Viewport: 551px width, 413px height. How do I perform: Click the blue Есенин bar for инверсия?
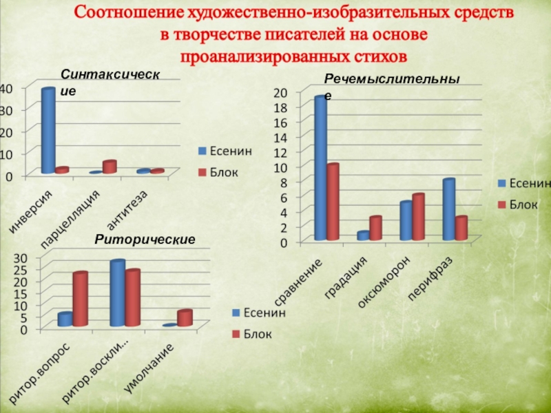(48, 131)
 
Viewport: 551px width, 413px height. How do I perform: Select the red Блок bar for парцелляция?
(109, 167)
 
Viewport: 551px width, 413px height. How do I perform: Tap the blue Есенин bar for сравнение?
(320, 169)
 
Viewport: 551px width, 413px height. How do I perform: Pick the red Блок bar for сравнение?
(333, 202)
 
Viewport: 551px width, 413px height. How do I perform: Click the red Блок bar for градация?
(375, 229)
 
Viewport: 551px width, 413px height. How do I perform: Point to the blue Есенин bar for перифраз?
(448, 210)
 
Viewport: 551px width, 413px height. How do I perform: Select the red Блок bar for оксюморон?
(418, 218)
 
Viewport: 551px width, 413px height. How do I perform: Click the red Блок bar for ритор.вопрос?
(80, 299)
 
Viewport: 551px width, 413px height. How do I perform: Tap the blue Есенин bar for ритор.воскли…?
(117, 293)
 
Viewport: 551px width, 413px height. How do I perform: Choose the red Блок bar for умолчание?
(184, 318)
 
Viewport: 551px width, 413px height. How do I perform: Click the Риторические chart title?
(145, 239)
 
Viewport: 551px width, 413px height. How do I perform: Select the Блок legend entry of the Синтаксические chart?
(220, 171)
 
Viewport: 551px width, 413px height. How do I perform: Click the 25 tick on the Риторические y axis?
(21, 269)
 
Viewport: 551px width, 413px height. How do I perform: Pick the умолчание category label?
(148, 368)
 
